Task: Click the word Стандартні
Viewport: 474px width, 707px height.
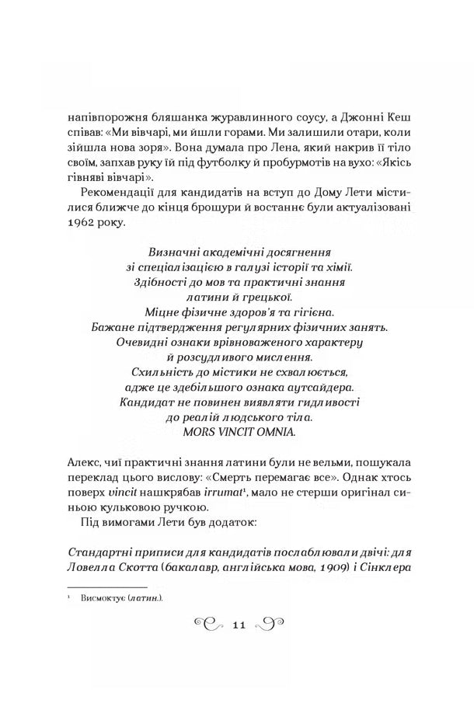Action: click(88, 550)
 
